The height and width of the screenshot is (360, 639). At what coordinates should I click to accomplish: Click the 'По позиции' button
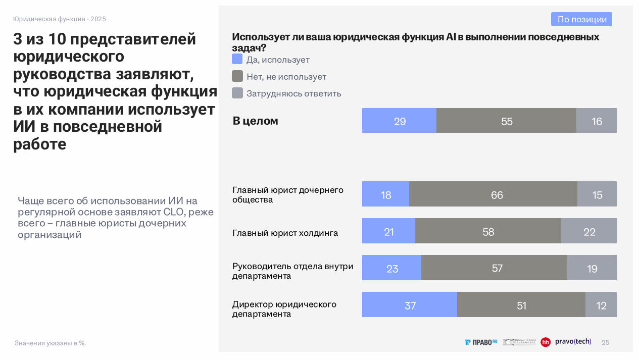pos(581,19)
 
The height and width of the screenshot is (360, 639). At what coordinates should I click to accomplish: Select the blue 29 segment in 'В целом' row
pos(399,121)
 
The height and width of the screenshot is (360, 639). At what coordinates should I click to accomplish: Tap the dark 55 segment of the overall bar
pos(506,121)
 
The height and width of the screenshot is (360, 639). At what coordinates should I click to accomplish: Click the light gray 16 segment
pos(597,121)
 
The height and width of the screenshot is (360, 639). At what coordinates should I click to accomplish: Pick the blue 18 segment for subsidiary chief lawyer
pos(385,194)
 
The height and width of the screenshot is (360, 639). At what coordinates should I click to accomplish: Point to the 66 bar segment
pos(493,194)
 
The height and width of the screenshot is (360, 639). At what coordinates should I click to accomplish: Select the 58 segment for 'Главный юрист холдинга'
pos(487,231)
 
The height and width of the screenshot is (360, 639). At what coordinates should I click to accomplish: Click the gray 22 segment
pos(589,231)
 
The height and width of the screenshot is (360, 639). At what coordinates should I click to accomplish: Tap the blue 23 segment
pos(391,268)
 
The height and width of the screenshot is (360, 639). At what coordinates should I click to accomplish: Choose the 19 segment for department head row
pos(592,268)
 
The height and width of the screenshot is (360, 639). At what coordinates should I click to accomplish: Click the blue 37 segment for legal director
pos(410,305)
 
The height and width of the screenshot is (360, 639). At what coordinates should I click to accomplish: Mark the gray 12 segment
pos(601,305)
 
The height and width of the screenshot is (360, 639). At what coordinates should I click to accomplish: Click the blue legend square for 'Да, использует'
pos(237,59)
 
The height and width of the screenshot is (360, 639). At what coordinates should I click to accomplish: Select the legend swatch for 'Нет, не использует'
pos(237,76)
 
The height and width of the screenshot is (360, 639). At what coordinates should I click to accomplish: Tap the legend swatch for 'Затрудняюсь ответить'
pos(237,93)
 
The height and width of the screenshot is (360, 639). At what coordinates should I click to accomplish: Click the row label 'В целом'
pos(255,121)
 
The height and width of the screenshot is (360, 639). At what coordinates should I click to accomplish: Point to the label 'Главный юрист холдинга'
pos(285,233)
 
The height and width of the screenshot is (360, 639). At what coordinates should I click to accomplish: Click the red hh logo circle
pos(546,342)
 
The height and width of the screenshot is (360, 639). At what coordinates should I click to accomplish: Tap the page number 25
pos(605,343)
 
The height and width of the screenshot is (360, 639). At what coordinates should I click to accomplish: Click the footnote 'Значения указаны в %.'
pos(50,343)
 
